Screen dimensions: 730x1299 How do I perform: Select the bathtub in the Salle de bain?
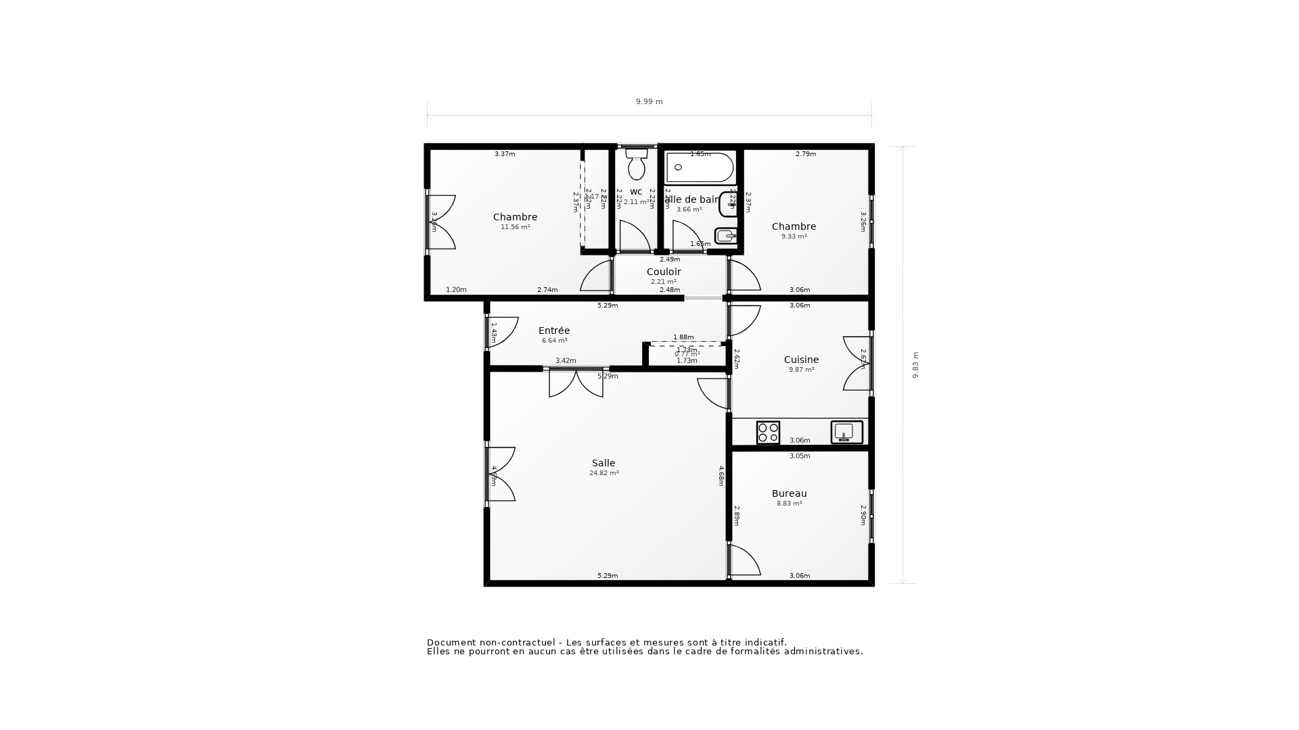(x=700, y=168)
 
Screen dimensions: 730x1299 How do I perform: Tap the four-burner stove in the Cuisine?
(x=768, y=433)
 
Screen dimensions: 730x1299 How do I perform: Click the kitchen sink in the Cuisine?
(x=846, y=432)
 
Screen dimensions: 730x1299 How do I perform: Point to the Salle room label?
(x=603, y=463)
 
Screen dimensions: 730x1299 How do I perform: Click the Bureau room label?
(x=789, y=493)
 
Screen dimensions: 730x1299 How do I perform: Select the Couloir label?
(x=664, y=272)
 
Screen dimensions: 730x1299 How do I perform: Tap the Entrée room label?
(x=554, y=331)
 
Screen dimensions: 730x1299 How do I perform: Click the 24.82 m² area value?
(x=603, y=473)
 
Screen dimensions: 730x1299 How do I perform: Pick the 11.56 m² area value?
(x=515, y=227)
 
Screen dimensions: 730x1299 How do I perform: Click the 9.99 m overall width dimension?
(x=649, y=101)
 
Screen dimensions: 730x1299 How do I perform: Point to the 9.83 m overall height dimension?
(x=915, y=365)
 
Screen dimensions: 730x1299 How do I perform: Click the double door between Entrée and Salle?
(x=576, y=383)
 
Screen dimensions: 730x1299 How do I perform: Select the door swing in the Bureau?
(x=744, y=561)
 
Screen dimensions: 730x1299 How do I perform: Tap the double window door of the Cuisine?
(x=857, y=364)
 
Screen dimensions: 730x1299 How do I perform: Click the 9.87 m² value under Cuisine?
(x=801, y=370)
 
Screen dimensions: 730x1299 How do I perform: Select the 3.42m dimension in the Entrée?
(x=566, y=361)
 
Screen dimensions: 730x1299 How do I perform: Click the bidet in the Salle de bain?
(x=725, y=236)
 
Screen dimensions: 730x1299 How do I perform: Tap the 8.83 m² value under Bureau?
(x=789, y=504)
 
